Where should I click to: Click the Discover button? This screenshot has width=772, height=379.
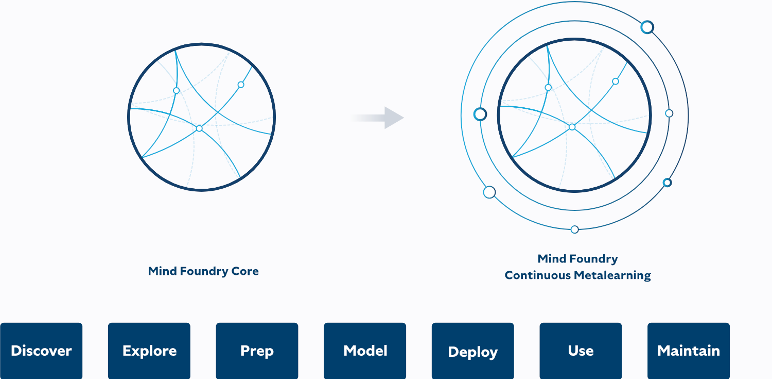pyautogui.click(x=41, y=351)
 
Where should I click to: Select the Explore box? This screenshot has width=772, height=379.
pyautogui.click(x=149, y=351)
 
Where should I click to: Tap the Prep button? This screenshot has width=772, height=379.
pyautogui.click(x=257, y=351)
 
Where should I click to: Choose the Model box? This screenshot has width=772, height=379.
pyautogui.click(x=365, y=351)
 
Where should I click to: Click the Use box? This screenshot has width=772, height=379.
pyautogui.click(x=581, y=351)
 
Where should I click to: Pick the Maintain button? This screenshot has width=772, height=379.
pyautogui.click(x=689, y=351)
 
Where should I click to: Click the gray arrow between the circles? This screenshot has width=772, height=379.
pyautogui.click(x=381, y=118)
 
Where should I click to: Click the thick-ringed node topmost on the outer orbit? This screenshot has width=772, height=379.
pyautogui.click(x=647, y=27)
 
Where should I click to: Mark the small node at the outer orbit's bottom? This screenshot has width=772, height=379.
pyautogui.click(x=575, y=229)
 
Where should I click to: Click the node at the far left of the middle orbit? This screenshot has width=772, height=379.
pyautogui.click(x=480, y=114)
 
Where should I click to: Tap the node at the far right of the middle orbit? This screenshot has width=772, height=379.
pyautogui.click(x=669, y=113)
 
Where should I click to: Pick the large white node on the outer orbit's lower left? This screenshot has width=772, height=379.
pyautogui.click(x=489, y=192)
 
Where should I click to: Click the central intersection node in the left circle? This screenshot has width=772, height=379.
pyautogui.click(x=199, y=128)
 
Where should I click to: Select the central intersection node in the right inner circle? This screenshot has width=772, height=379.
pyautogui.click(x=572, y=127)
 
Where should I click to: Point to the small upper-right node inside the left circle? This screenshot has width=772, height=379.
pyautogui.click(x=240, y=85)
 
